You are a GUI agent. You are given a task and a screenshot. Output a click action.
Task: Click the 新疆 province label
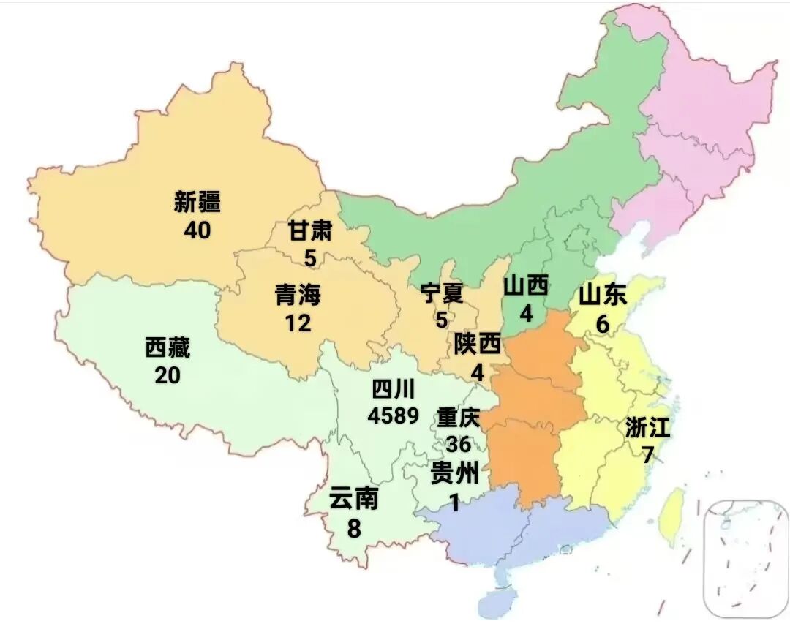[197, 202]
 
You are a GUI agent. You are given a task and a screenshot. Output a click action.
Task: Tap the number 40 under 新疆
[197, 230]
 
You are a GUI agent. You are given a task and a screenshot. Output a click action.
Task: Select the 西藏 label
[168, 349]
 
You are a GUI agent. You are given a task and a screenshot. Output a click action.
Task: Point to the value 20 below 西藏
[168, 375]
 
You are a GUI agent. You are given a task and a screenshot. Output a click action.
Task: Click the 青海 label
[298, 295]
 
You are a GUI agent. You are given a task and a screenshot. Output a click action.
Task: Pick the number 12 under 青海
[298, 323]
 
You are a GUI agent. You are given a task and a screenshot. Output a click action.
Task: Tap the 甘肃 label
[310, 232]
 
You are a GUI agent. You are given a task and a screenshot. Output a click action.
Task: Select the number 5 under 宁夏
[442, 320]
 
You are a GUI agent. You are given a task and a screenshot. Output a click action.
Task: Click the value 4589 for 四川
[394, 415]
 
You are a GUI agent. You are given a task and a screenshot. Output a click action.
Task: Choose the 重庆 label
[458, 418]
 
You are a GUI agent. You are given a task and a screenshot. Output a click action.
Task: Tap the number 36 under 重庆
[458, 444]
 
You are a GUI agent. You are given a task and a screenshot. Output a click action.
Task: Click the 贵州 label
[455, 474]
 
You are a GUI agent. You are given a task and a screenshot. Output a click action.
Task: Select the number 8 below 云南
[354, 527]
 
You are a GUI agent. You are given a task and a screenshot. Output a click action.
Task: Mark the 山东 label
[603, 296]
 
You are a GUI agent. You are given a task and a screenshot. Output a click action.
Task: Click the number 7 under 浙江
[647, 455]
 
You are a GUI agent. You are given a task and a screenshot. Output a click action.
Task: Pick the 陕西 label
[477, 344]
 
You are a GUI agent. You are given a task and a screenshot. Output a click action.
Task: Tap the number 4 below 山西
[525, 314]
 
